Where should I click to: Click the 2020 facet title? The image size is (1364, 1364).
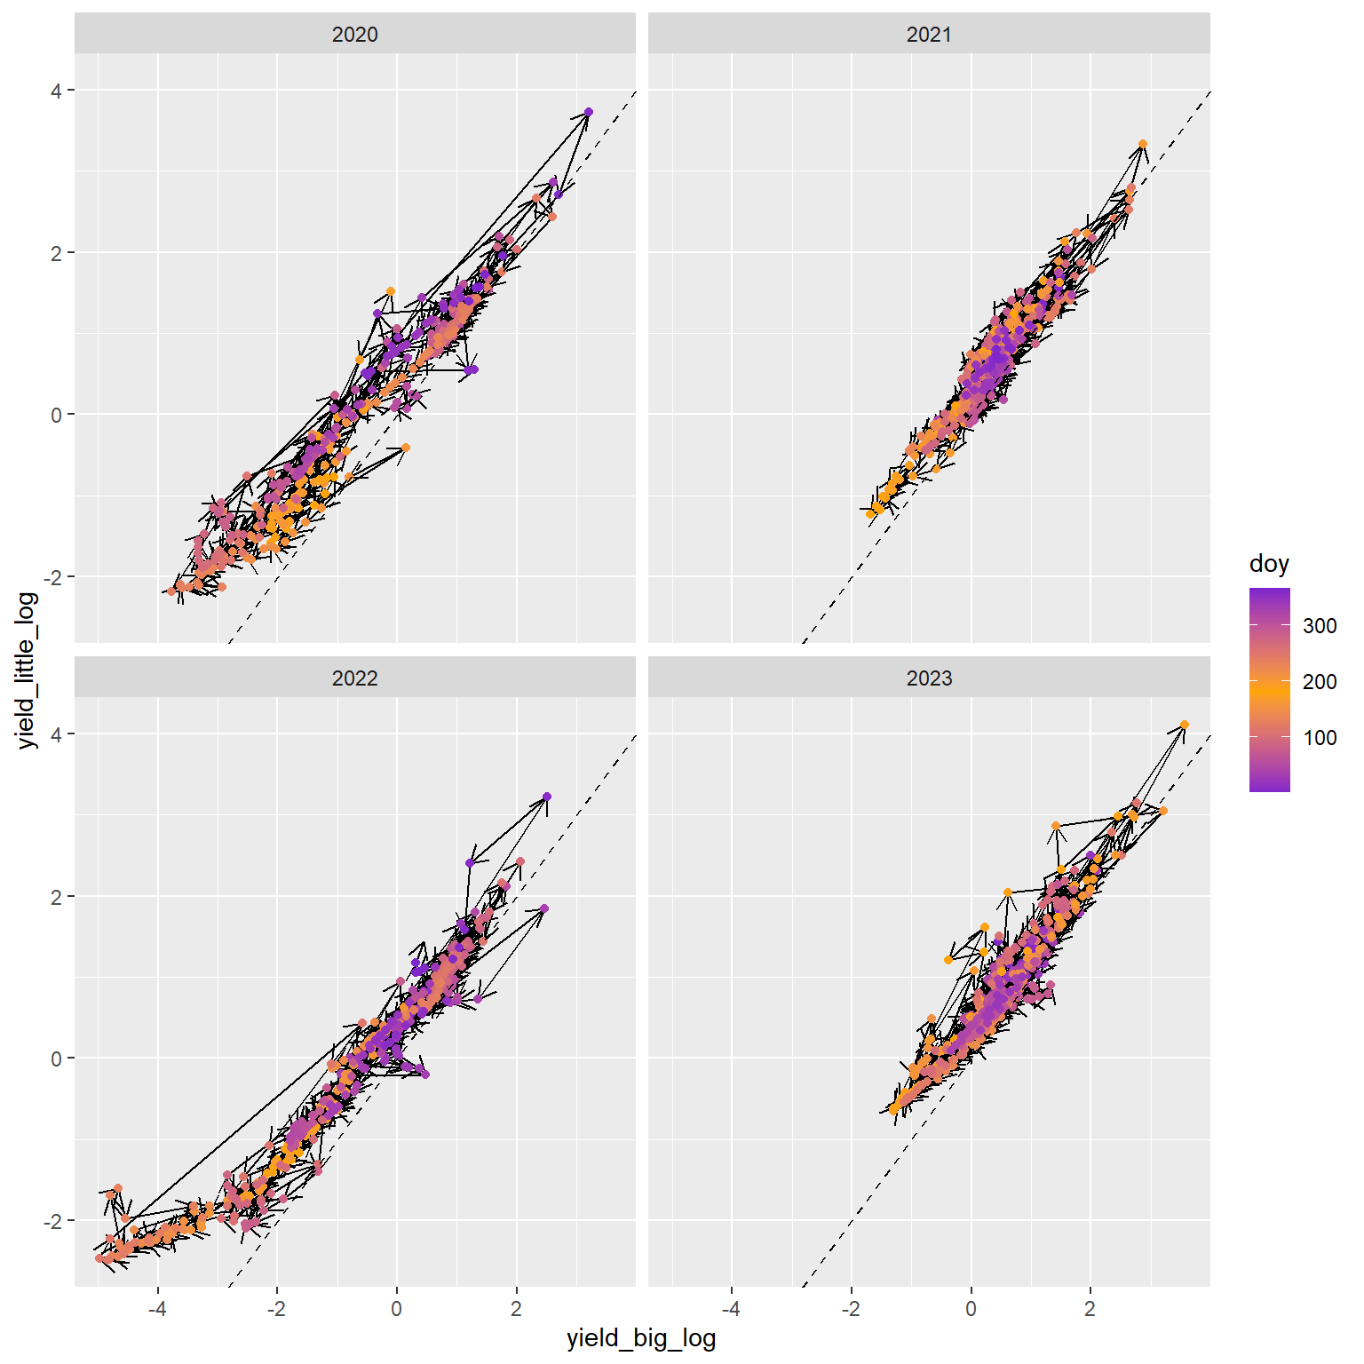(354, 35)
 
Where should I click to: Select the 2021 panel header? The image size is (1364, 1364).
(929, 35)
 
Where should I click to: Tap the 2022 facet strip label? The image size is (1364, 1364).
(354, 678)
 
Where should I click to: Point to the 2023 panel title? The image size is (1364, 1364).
(929, 678)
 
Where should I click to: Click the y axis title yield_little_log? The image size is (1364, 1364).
(28, 670)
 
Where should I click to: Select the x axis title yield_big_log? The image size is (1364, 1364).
(641, 1339)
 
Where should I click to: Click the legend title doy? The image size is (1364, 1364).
(1269, 564)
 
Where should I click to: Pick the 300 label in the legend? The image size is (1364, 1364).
(1320, 626)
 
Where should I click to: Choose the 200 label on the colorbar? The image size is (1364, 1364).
(1320, 682)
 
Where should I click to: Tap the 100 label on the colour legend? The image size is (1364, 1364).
(1320, 738)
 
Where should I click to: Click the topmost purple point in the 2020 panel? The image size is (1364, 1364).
(589, 112)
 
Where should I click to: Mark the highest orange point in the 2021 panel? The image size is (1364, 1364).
(1143, 144)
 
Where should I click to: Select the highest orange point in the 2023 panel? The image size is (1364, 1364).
(1185, 725)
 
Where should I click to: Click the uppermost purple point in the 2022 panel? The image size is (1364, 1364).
(547, 797)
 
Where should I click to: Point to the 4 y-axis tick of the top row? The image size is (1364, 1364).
(57, 91)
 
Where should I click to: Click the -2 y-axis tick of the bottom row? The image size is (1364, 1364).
(53, 1221)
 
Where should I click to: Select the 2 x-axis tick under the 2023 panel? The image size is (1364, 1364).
(1090, 1308)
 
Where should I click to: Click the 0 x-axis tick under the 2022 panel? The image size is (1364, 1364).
(396, 1308)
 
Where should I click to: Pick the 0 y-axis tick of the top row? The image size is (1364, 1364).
(57, 415)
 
